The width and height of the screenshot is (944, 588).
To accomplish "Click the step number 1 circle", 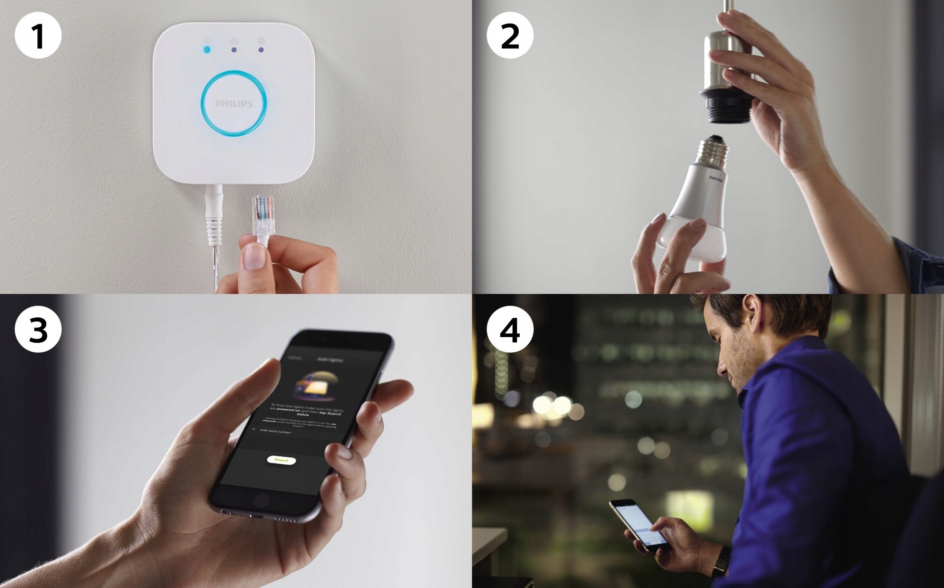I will click(38, 35).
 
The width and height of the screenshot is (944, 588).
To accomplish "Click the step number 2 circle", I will click(510, 35).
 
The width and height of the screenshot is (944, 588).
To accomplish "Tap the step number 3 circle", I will click(38, 330).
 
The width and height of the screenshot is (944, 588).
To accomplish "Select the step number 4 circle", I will click(510, 330).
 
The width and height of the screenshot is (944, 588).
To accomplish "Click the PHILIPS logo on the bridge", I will click(234, 103).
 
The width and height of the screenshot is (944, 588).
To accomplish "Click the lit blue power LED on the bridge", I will click(207, 49).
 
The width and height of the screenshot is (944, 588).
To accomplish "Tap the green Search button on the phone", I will click(281, 460).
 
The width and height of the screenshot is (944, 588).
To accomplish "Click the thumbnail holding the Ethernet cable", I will click(253, 257).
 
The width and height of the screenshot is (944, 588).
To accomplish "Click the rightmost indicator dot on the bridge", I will click(261, 49).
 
